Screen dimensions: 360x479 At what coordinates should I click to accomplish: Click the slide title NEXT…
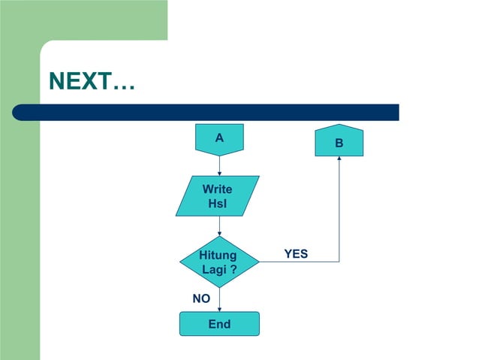[92, 81]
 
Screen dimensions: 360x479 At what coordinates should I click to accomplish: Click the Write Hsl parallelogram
[218, 196]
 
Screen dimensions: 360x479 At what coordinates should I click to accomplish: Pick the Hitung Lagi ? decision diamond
[219, 262]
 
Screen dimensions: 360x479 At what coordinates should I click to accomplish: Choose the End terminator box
[219, 324]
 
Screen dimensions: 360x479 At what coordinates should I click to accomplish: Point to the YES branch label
[296, 254]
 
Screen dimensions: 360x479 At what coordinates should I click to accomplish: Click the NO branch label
[201, 299]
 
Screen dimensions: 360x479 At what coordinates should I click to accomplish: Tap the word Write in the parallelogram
[218, 189]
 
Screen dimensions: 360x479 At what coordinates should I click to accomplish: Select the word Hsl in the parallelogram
[218, 204]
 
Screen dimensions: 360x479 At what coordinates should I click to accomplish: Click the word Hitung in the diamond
[218, 256]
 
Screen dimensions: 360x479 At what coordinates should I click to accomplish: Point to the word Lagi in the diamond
[212, 270]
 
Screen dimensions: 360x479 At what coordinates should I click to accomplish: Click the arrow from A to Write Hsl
[219, 165]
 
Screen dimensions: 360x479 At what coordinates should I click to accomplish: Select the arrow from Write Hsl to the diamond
[219, 225]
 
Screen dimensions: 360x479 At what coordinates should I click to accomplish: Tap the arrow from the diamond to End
[219, 300]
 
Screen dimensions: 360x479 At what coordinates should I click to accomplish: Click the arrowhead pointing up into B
[339, 159]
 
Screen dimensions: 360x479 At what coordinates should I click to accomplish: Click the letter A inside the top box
[219, 138]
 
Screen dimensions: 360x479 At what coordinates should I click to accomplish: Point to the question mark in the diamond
[233, 270]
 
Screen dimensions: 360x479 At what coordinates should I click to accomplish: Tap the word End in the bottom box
[219, 325]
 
